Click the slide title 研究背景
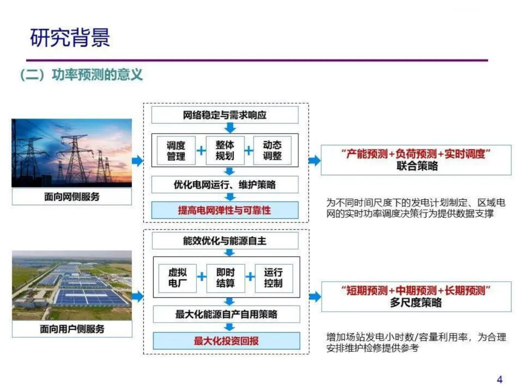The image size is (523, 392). (x=70, y=38)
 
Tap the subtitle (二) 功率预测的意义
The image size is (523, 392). (x=81, y=75)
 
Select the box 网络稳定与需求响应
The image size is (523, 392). (x=225, y=115)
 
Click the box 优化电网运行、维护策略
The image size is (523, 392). (x=225, y=184)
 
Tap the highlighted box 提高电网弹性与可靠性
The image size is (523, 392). (x=225, y=211)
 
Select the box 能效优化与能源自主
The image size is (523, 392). (x=225, y=241)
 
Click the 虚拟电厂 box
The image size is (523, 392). (x=177, y=278)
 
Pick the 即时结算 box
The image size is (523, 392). (x=226, y=278)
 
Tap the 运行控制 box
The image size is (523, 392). (x=273, y=278)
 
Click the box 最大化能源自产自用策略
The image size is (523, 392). (x=226, y=315)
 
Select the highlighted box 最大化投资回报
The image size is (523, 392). (x=226, y=341)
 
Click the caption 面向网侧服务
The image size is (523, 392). (x=72, y=197)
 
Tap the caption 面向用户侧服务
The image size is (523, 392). (x=72, y=329)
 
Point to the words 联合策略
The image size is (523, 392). (x=416, y=166)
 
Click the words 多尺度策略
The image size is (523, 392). (x=416, y=303)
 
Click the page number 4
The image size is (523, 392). (x=500, y=379)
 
